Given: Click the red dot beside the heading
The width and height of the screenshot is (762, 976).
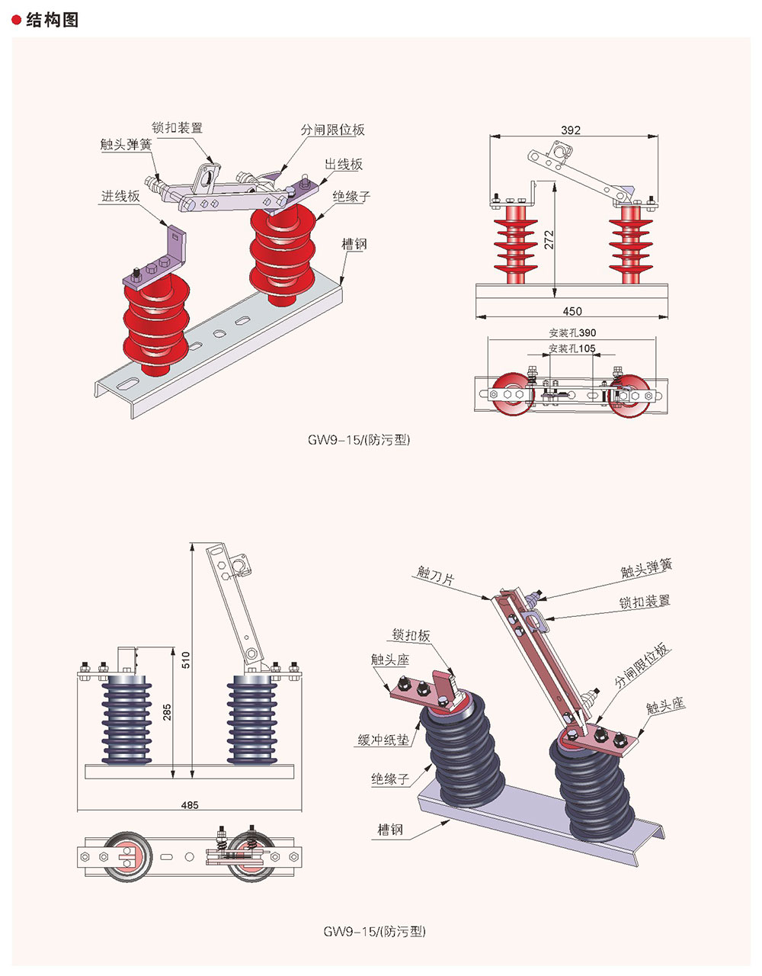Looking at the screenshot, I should click(17, 21).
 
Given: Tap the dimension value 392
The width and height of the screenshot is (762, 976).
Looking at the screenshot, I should click(571, 130).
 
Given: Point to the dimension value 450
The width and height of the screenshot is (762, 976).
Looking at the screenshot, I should click(572, 311).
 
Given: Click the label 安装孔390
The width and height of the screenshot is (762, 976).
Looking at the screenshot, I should click(572, 333).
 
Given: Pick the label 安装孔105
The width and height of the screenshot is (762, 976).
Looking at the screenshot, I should click(572, 349).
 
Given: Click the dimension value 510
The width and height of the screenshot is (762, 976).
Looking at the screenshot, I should click(186, 660).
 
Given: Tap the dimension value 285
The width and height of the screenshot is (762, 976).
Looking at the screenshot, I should click(167, 711).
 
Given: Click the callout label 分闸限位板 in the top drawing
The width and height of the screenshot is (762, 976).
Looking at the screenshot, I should click(333, 130).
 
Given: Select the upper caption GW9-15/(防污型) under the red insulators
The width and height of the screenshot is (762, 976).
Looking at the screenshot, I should click(359, 440).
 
